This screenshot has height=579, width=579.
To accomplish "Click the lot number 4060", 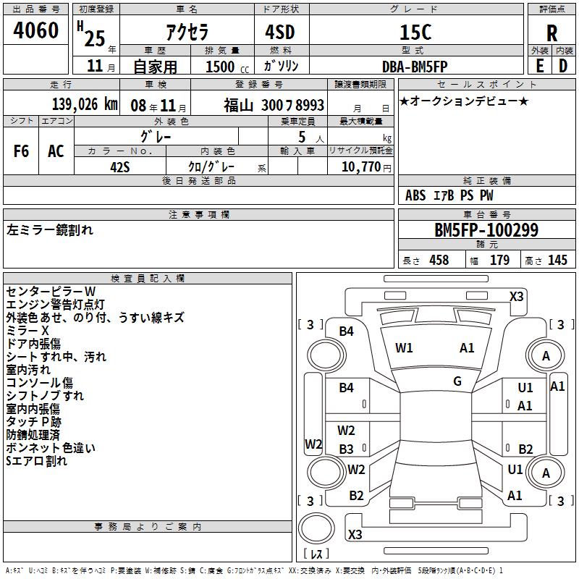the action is [35, 31].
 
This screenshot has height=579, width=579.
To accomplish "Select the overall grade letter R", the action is [551, 33].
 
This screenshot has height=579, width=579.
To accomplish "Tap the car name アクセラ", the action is [186, 33].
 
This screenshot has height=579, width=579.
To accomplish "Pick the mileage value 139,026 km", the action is [85, 104].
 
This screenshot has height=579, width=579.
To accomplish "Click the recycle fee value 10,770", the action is [360, 166].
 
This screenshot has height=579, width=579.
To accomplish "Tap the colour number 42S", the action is [120, 166].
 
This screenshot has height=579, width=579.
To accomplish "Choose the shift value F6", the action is [22, 151].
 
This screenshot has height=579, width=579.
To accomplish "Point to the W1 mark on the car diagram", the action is [404, 348].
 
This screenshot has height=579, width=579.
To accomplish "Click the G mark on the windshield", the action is [457, 381].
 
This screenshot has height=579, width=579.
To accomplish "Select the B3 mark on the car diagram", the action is [347, 449].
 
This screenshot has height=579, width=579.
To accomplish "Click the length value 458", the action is [439, 261].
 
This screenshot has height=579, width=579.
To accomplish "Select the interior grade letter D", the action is [562, 66].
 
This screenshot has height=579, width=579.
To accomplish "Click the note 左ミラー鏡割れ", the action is [50, 231].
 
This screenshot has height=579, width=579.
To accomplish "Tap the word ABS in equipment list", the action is [415, 195].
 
